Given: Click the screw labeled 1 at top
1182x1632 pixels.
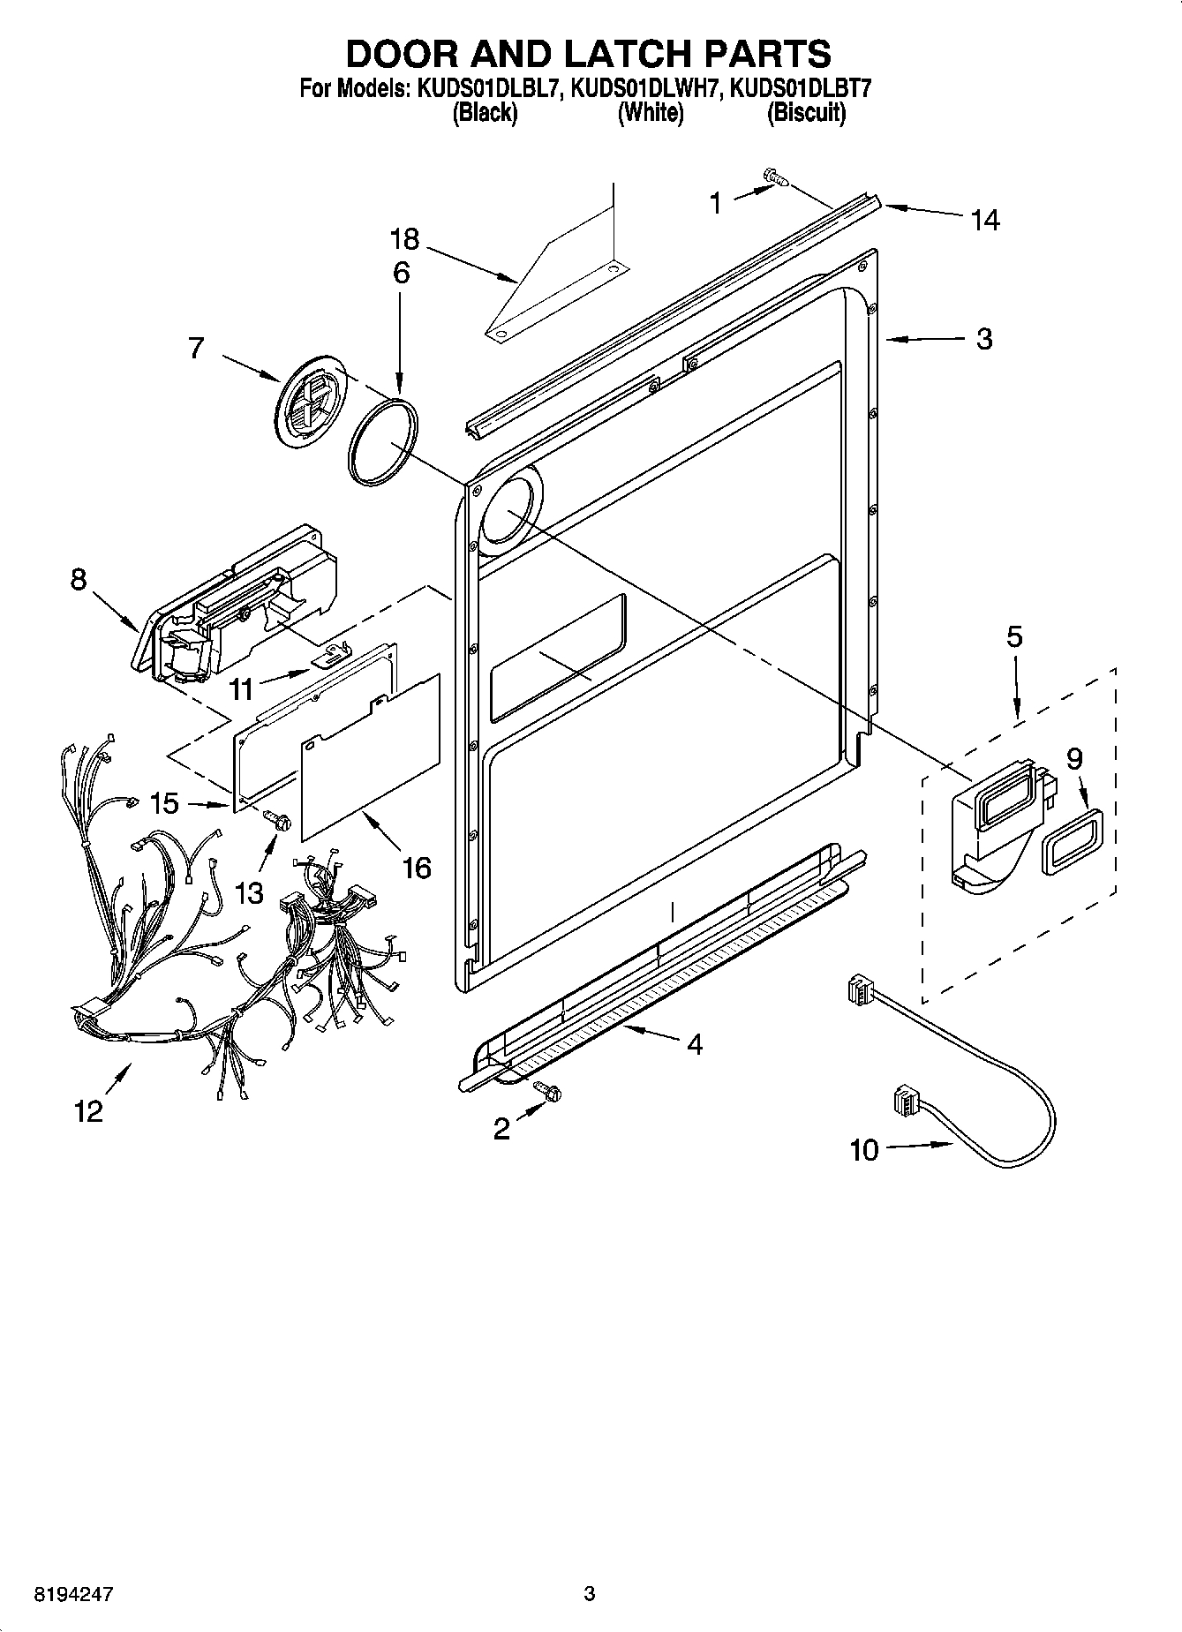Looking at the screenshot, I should pyautogui.click(x=775, y=178).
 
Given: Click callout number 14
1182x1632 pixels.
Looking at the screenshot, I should pyautogui.click(x=984, y=220).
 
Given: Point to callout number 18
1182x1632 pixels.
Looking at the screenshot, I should pyautogui.click(x=404, y=239).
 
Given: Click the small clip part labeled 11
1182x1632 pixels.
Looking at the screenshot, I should pyautogui.click(x=329, y=654).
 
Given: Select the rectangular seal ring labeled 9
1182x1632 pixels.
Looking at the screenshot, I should pyautogui.click(x=1070, y=841).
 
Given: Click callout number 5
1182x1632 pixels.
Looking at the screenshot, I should pyautogui.click(x=1014, y=636).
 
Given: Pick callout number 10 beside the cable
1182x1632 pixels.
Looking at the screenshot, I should pyautogui.click(x=864, y=1149).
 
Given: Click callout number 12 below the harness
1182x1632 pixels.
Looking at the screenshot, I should pyautogui.click(x=89, y=1111).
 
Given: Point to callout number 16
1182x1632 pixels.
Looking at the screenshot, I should pyautogui.click(x=416, y=868).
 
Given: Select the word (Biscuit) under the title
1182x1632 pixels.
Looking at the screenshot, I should pyautogui.click(x=806, y=113).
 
